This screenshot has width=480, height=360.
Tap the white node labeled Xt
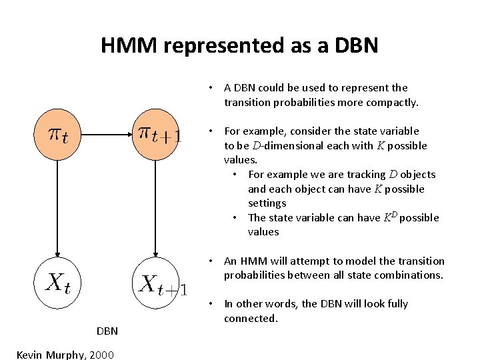point(57,283)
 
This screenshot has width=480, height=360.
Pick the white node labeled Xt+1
point(156,283)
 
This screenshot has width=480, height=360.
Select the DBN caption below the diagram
point(107,331)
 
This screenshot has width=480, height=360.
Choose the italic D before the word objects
point(393,175)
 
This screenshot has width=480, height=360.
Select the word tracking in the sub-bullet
point(367,175)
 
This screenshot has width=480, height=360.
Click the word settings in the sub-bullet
point(267,203)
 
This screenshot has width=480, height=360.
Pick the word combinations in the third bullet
point(409,275)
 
